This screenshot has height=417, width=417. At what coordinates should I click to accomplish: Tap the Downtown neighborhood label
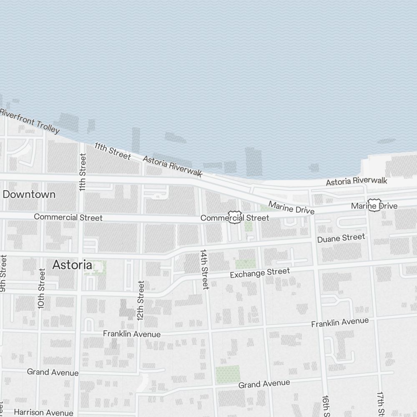tap(29, 194)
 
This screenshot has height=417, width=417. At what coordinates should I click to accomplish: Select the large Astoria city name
tap(72, 265)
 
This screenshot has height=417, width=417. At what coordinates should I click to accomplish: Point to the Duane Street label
tap(341, 238)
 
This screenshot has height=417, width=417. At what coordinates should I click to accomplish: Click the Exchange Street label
tap(260, 273)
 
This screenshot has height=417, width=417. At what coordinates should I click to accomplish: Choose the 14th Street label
tap(204, 269)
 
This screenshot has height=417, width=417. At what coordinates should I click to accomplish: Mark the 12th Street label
tap(141, 300)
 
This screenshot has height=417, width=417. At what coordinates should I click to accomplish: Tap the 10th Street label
tap(41, 288)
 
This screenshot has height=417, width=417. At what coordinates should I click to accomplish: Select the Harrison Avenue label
tap(43, 412)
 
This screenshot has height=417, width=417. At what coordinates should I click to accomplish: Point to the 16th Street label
tap(326, 407)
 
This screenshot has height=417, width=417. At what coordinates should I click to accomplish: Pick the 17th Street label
tap(380, 404)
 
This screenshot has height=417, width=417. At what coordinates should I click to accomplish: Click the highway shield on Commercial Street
tap(235, 217)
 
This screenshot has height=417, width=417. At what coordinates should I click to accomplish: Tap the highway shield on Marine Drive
tap(375, 205)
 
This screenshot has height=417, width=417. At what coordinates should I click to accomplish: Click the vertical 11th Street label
tap(83, 172)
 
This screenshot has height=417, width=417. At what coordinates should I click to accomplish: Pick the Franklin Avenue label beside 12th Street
tap(132, 334)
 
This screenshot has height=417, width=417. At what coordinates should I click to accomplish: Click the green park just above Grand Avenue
tap(228, 374)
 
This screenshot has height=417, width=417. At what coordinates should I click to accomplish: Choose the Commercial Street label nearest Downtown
tap(68, 217)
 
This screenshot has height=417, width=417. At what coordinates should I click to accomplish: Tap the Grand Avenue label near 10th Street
tap(53, 372)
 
